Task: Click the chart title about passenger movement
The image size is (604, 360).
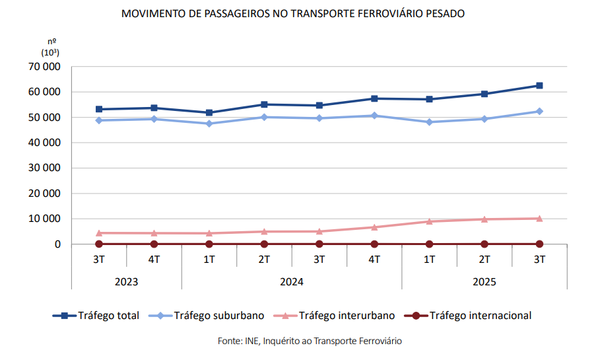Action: (x=293, y=13)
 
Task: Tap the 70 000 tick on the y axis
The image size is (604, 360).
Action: (x=44, y=67)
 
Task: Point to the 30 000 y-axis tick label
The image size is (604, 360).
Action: (x=44, y=168)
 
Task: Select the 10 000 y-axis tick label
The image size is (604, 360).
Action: (x=44, y=219)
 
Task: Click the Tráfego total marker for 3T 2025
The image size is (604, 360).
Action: (x=539, y=85)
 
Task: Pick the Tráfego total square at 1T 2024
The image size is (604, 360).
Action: (x=209, y=113)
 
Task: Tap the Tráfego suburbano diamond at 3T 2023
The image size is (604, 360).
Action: (x=99, y=120)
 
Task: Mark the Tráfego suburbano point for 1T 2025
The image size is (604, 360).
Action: (x=429, y=122)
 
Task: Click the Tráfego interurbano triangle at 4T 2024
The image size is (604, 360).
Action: (x=374, y=227)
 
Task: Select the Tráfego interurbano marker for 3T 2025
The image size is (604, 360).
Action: (x=539, y=218)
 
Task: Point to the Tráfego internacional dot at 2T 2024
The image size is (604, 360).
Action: (x=264, y=244)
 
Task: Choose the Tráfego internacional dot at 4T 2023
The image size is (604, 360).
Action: (x=154, y=244)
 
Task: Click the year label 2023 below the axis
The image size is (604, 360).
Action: (x=126, y=282)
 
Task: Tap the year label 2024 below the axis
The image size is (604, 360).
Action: (x=291, y=282)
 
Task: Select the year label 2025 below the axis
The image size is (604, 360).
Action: (x=484, y=282)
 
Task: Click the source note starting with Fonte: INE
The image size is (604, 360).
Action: (x=310, y=341)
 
